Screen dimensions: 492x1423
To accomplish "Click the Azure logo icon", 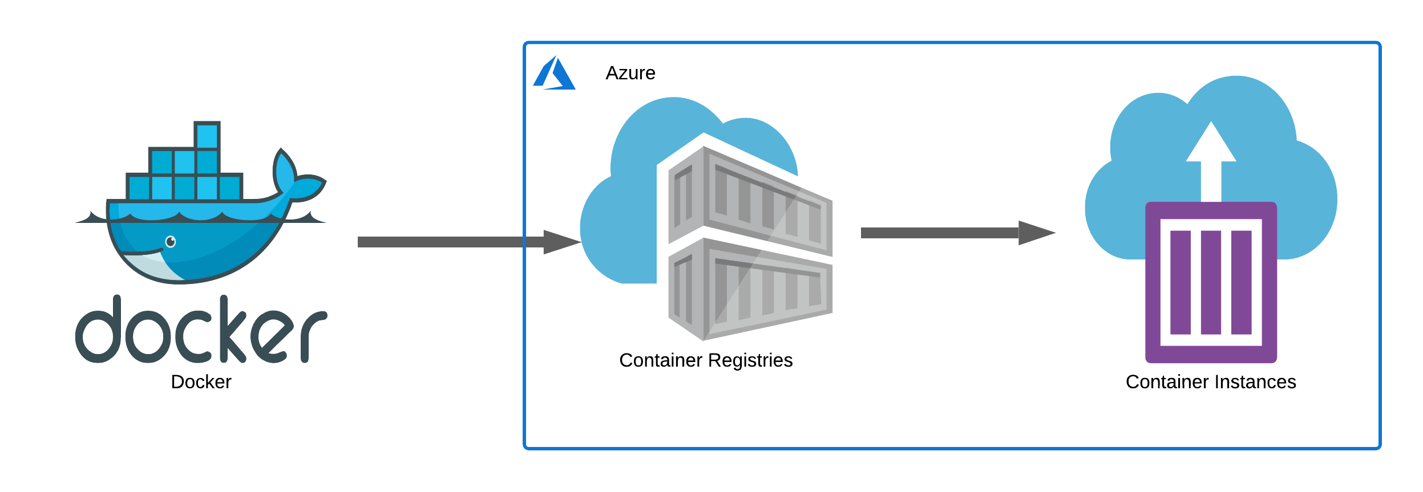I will tap(554, 74).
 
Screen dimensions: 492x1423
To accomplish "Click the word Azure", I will tap(630, 74).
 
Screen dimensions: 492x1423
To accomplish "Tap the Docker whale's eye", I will tap(171, 242).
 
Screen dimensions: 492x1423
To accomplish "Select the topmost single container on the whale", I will tap(207, 136).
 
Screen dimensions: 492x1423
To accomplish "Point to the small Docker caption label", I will tap(201, 382).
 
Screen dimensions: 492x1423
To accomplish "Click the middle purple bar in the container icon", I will tap(1210, 282).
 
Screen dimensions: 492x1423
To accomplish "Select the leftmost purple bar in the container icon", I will tap(1180, 282).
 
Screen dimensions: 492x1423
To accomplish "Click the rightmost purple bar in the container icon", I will tap(1241, 282).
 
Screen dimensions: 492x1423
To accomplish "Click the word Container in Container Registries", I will tap(661, 360).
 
